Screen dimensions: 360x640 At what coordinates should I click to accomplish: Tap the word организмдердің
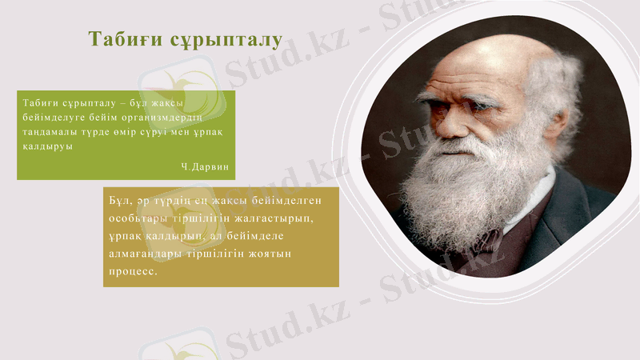point(170,118)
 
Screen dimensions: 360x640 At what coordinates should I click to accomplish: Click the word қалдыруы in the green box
point(46,147)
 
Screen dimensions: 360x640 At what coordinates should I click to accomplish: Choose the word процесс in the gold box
point(134,271)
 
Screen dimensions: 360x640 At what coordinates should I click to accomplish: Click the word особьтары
point(137,218)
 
